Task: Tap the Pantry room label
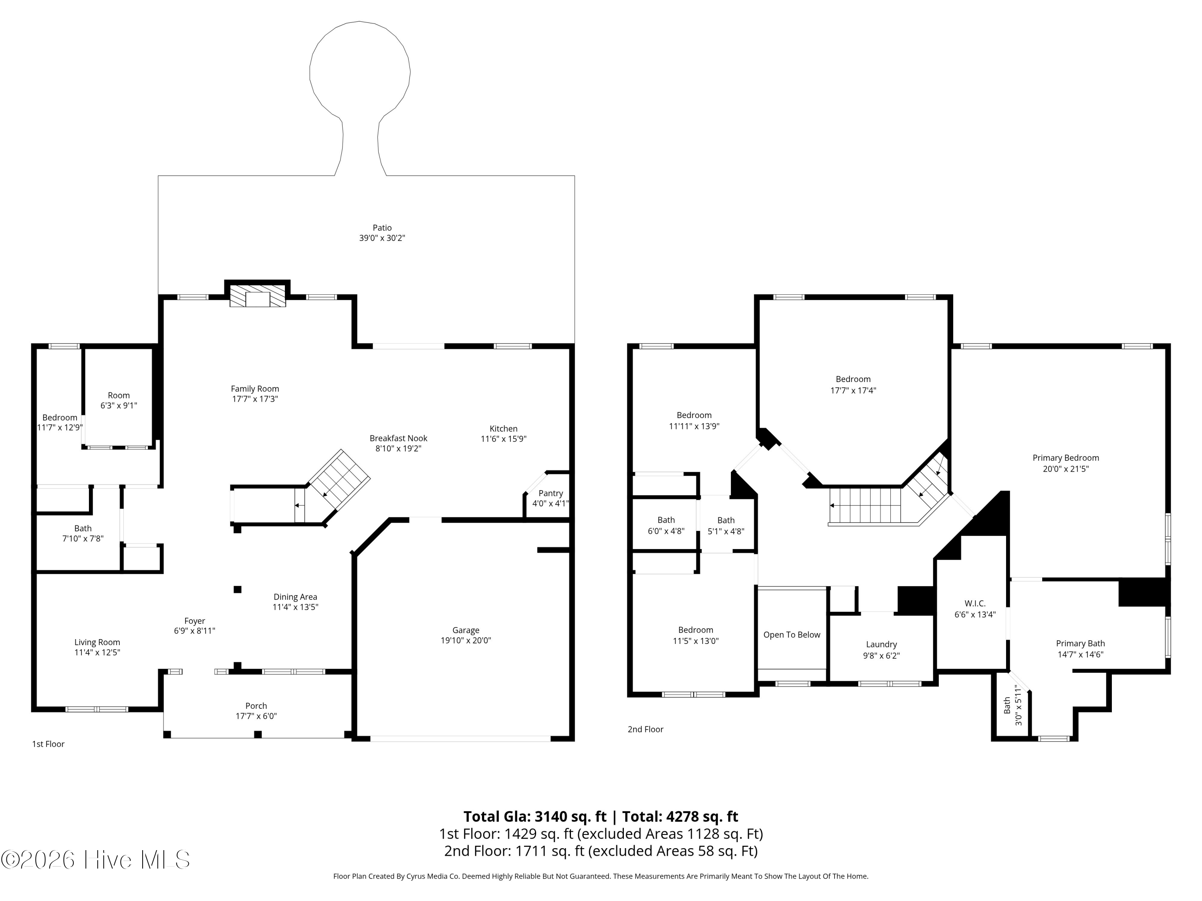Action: [551, 493]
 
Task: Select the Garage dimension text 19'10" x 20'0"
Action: [466, 640]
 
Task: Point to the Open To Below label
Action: [792, 635]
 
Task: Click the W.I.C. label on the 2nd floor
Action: [975, 603]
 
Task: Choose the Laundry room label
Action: [881, 645]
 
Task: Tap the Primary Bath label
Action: [1080, 644]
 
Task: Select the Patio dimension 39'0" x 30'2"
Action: [382, 238]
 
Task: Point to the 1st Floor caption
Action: [48, 744]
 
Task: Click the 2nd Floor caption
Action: [645, 729]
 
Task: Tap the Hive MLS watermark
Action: [96, 860]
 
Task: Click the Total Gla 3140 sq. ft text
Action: [535, 816]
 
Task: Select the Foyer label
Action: [195, 621]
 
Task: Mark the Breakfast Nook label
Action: [398, 438]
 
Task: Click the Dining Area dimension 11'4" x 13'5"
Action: [295, 607]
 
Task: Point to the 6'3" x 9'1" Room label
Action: [119, 401]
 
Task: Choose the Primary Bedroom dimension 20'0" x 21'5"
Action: [1066, 469]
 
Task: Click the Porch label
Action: [256, 706]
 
